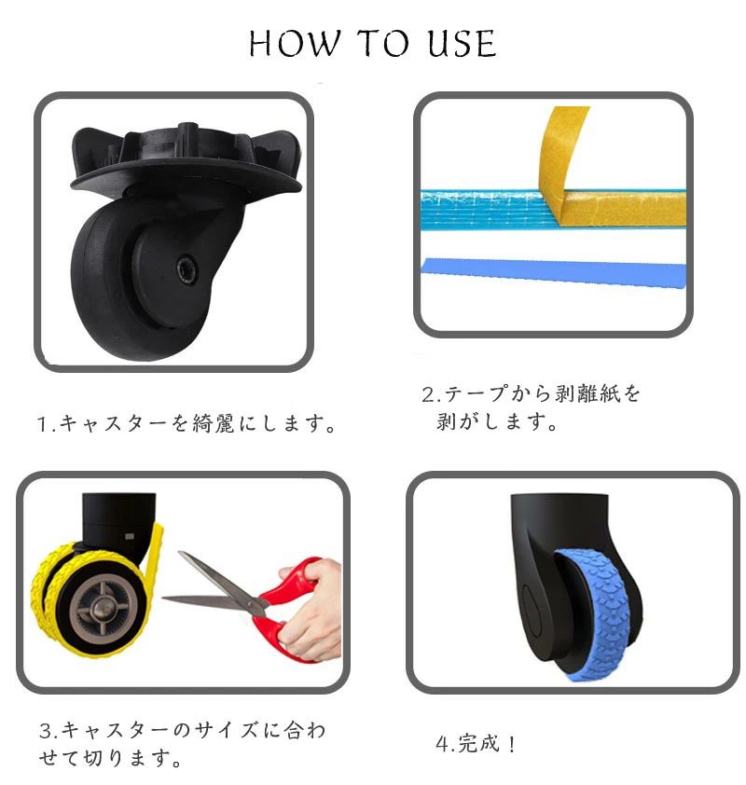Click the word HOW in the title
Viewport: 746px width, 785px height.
tap(295, 43)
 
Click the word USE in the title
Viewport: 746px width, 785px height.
tap(463, 43)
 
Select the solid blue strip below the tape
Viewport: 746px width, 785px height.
tap(554, 273)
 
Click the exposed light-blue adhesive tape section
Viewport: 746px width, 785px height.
tap(488, 209)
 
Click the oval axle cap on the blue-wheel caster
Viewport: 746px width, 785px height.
tap(532, 610)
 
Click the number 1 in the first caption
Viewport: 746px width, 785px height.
tap(43, 424)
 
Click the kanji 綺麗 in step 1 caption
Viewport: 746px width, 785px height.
tap(214, 424)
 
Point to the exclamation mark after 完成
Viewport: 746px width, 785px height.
tap(511, 744)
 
